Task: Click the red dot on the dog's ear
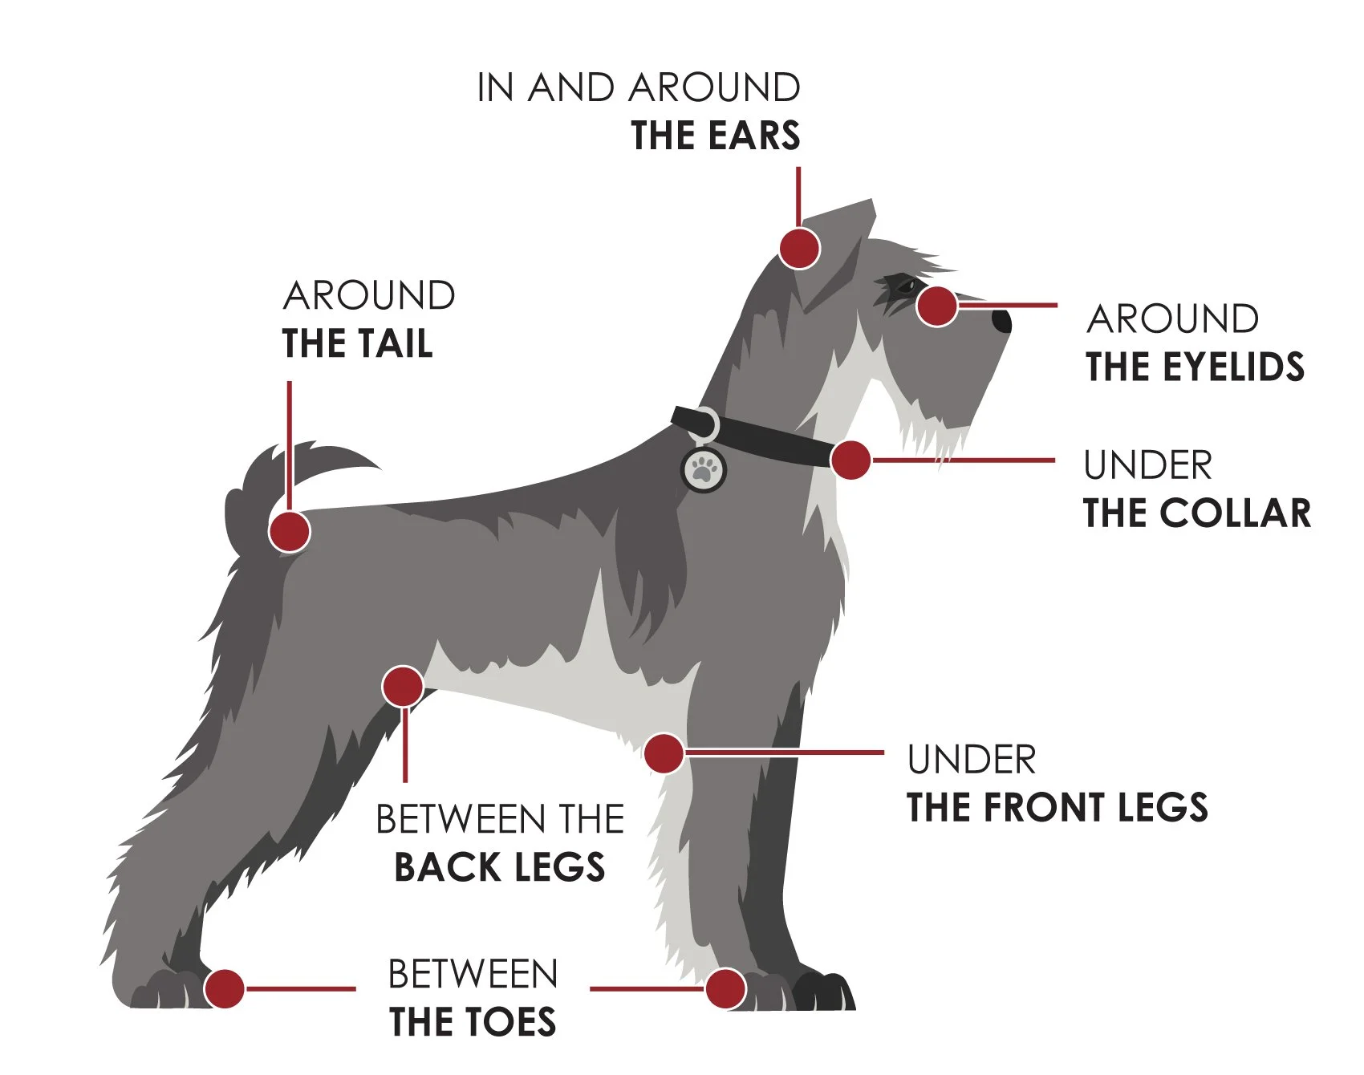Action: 799,248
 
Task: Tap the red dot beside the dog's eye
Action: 936,306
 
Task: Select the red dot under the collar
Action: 850,460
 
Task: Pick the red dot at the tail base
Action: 289,531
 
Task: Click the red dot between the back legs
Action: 403,687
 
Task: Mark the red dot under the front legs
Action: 664,753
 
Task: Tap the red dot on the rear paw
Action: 225,988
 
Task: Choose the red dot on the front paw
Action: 725,988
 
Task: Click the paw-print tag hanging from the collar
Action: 704,469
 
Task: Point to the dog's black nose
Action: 1002,321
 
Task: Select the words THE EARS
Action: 715,136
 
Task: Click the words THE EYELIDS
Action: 1195,367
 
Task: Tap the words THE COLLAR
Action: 1196,513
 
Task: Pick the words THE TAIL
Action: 358,343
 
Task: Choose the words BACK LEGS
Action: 499,868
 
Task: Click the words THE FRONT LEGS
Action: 1057,807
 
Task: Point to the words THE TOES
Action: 473,1022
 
